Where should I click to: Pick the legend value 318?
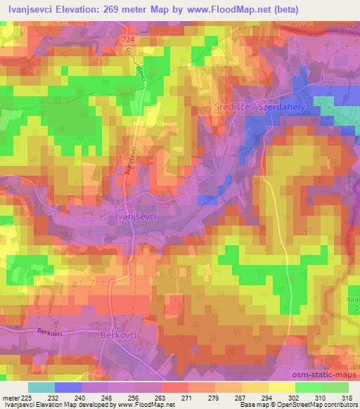[x=347, y=398]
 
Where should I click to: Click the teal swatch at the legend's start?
[x=41, y=387]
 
